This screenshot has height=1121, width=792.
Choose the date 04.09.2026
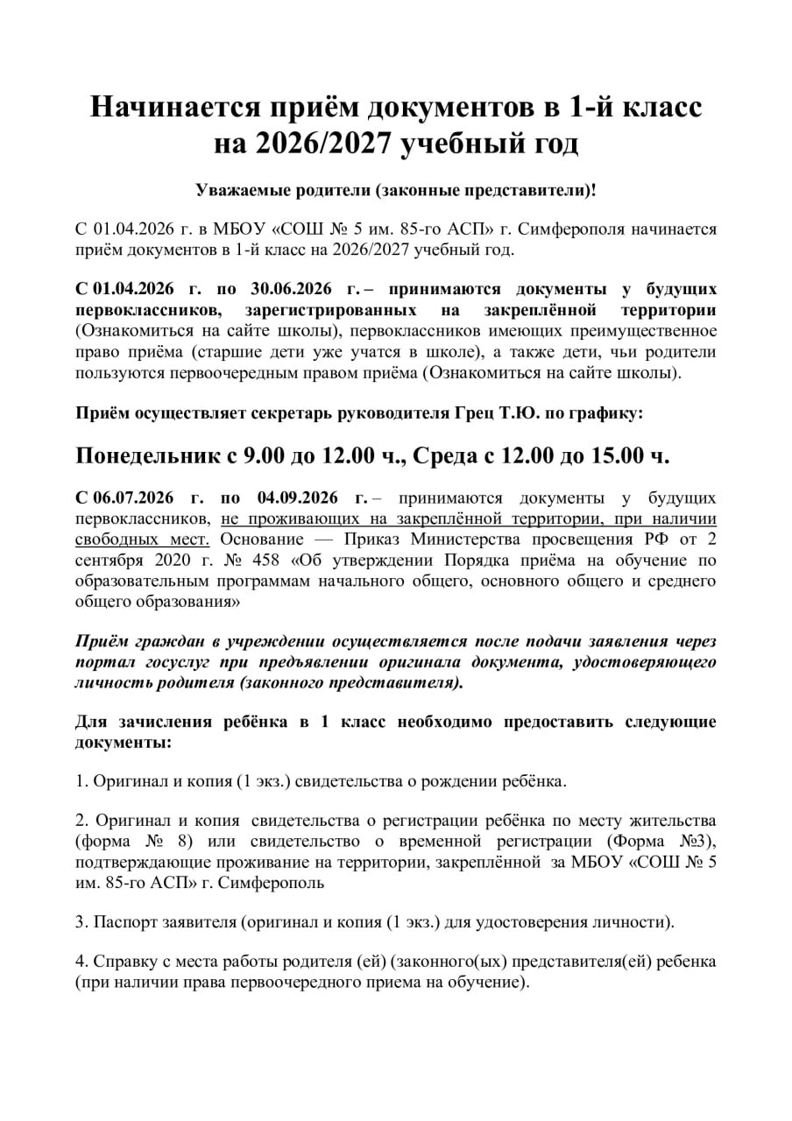[307, 498]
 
